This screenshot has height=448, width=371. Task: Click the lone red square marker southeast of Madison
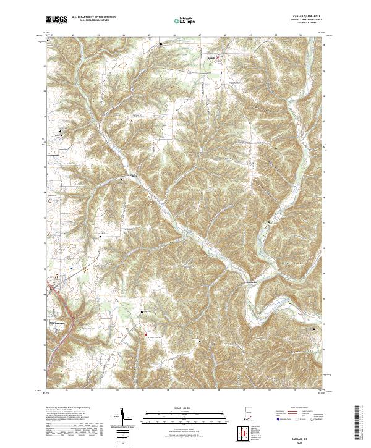(x=143, y=312)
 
